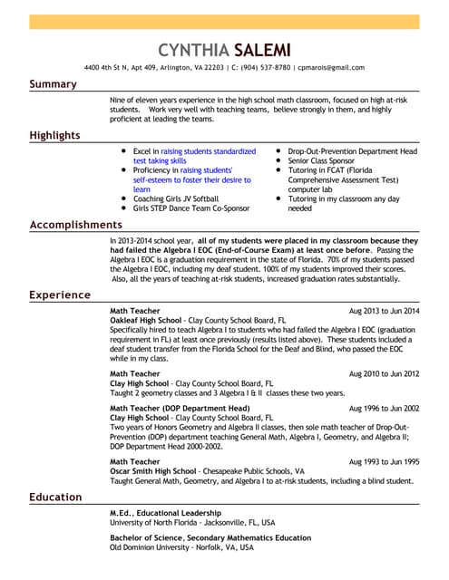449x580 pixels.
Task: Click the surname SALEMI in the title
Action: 262,49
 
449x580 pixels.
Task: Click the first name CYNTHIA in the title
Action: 192,49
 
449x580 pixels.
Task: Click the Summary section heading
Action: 53,84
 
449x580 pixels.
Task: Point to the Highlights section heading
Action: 54,136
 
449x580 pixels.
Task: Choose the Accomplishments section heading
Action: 75,224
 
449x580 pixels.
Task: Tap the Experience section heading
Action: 60,295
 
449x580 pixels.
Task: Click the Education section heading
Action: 55,497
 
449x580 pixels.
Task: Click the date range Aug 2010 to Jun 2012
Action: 384,373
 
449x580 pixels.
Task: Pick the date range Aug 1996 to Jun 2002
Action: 384,409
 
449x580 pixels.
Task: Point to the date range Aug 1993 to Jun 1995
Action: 384,461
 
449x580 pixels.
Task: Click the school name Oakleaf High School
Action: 145,321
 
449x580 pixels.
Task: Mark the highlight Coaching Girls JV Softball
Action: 176,198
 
